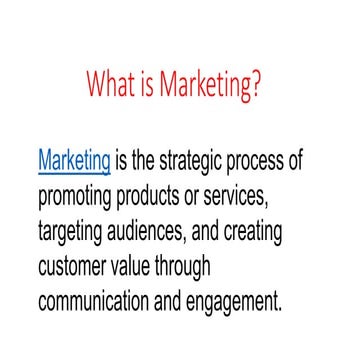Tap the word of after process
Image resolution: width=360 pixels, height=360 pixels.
[292, 160]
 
